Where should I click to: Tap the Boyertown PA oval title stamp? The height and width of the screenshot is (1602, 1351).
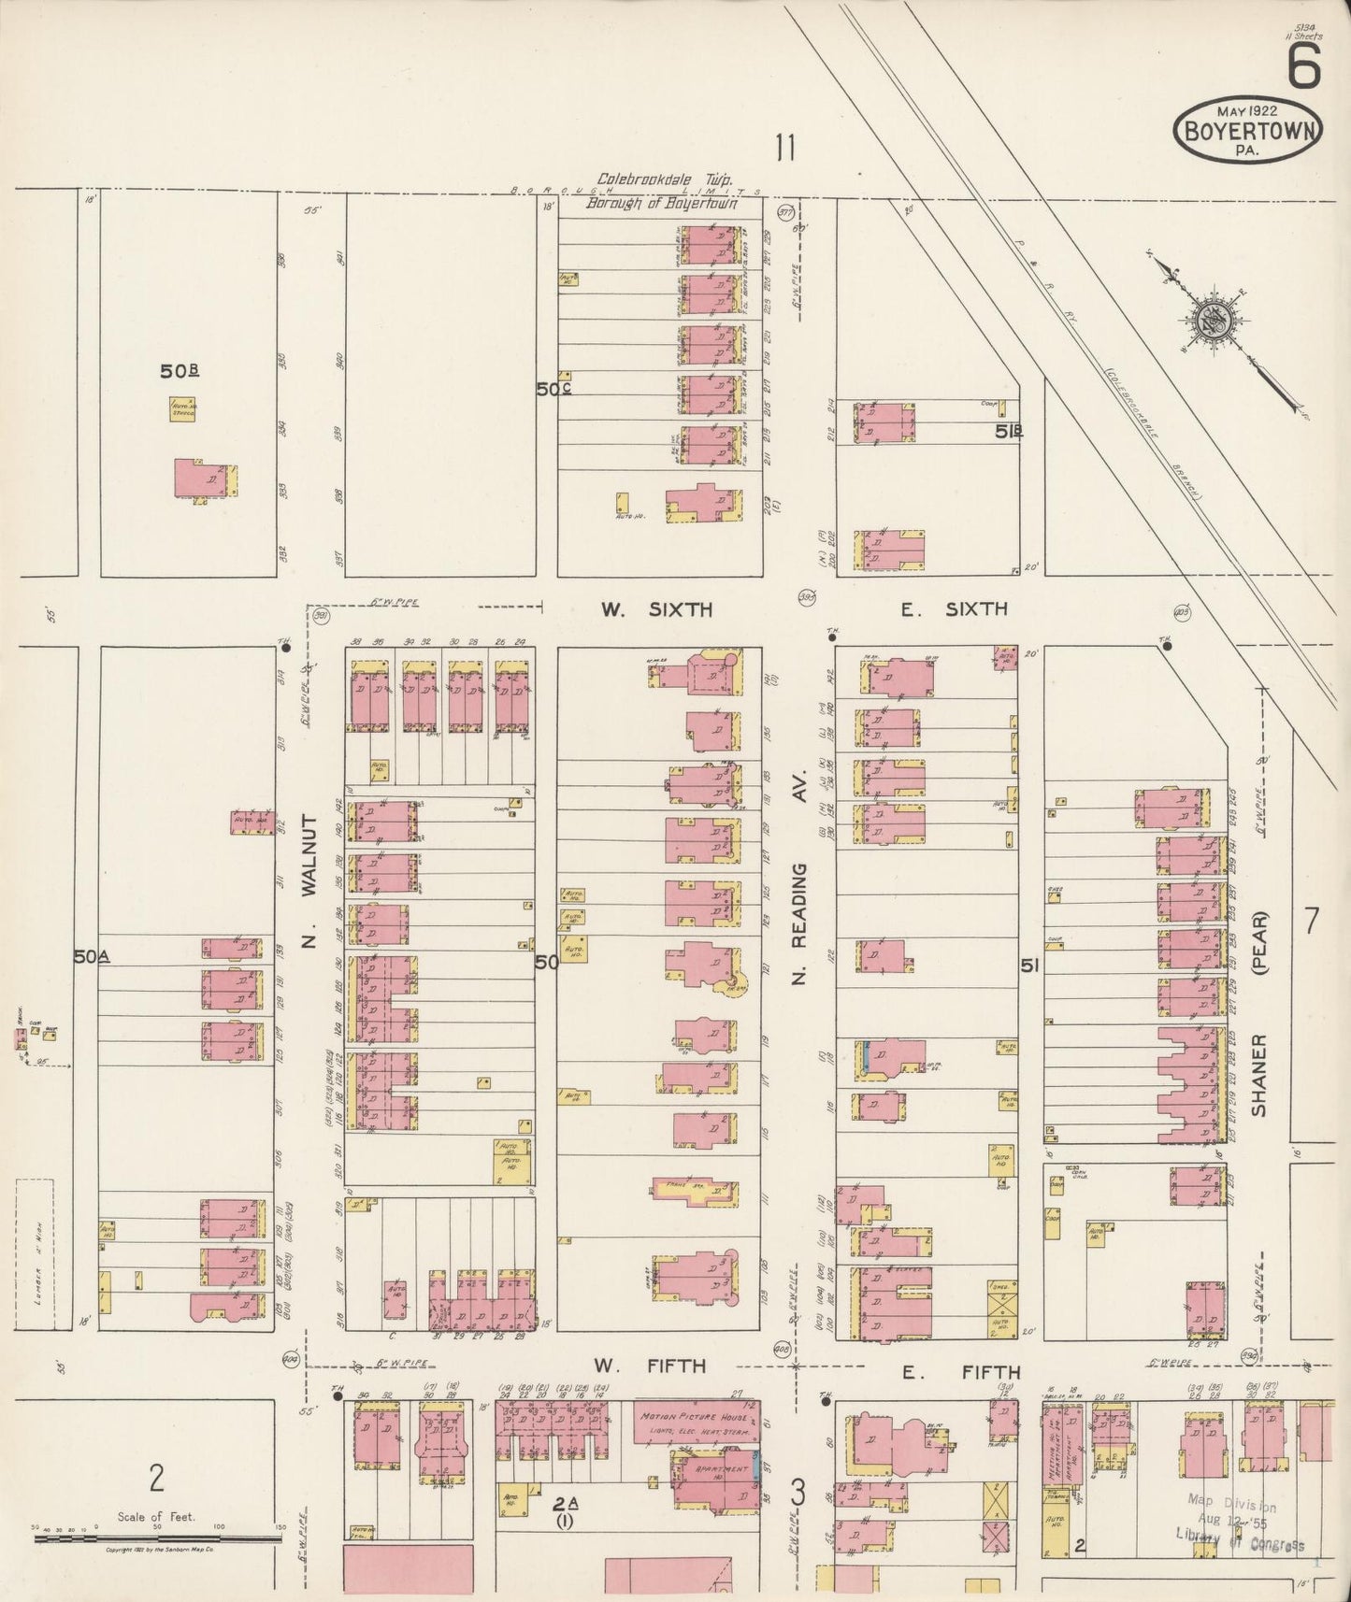[1247, 129]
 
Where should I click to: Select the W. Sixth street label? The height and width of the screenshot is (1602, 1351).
[656, 610]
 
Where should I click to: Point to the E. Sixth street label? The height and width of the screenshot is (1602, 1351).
[954, 609]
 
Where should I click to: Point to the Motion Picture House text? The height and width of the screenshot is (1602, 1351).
[694, 1417]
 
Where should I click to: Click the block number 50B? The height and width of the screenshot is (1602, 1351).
[180, 371]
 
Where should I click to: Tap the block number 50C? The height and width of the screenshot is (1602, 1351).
[553, 389]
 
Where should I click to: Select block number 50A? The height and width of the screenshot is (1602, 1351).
[92, 956]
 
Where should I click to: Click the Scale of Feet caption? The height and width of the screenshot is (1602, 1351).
[156, 1517]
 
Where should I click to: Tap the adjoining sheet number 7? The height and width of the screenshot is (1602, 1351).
[1311, 922]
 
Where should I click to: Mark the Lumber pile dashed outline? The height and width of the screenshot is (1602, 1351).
[35, 1252]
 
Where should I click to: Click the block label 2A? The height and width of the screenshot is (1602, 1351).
[565, 1504]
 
